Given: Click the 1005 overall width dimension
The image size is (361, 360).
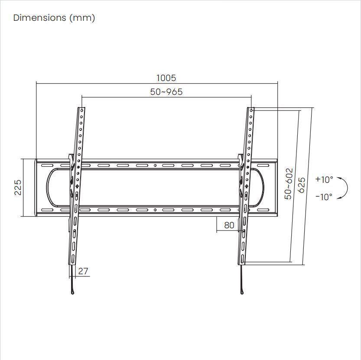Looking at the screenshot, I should pyautogui.click(x=166, y=78).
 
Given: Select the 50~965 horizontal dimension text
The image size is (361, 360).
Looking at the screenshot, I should pyautogui.click(x=166, y=92).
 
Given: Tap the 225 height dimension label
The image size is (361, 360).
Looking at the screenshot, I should pyautogui.click(x=18, y=188).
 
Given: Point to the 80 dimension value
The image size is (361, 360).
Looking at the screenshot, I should pyautogui.click(x=229, y=225).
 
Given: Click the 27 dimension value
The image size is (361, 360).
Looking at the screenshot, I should pyautogui.click(x=83, y=271).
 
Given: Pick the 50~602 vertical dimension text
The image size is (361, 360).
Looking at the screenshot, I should pyautogui.click(x=289, y=184).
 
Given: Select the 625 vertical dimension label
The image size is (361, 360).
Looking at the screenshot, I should pyautogui.click(x=302, y=185).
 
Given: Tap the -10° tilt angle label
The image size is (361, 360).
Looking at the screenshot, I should pyautogui.click(x=324, y=197).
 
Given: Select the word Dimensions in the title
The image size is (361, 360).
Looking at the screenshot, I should pyautogui.click(x=39, y=18).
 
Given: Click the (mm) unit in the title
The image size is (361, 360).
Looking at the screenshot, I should pyautogui.click(x=82, y=18).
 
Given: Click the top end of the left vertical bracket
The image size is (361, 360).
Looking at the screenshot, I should pyautogui.click(x=81, y=109).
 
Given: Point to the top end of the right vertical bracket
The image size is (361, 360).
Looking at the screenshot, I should pyautogui.click(x=251, y=109).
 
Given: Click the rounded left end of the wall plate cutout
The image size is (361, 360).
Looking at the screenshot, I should pyautogui.click(x=49, y=188).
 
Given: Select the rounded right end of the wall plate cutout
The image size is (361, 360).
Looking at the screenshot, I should pyautogui.click(x=262, y=188).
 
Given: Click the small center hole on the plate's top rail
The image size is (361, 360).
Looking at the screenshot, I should pyautogui.click(x=155, y=165).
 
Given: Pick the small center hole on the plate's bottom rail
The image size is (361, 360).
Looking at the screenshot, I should pyautogui.click(x=155, y=210).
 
